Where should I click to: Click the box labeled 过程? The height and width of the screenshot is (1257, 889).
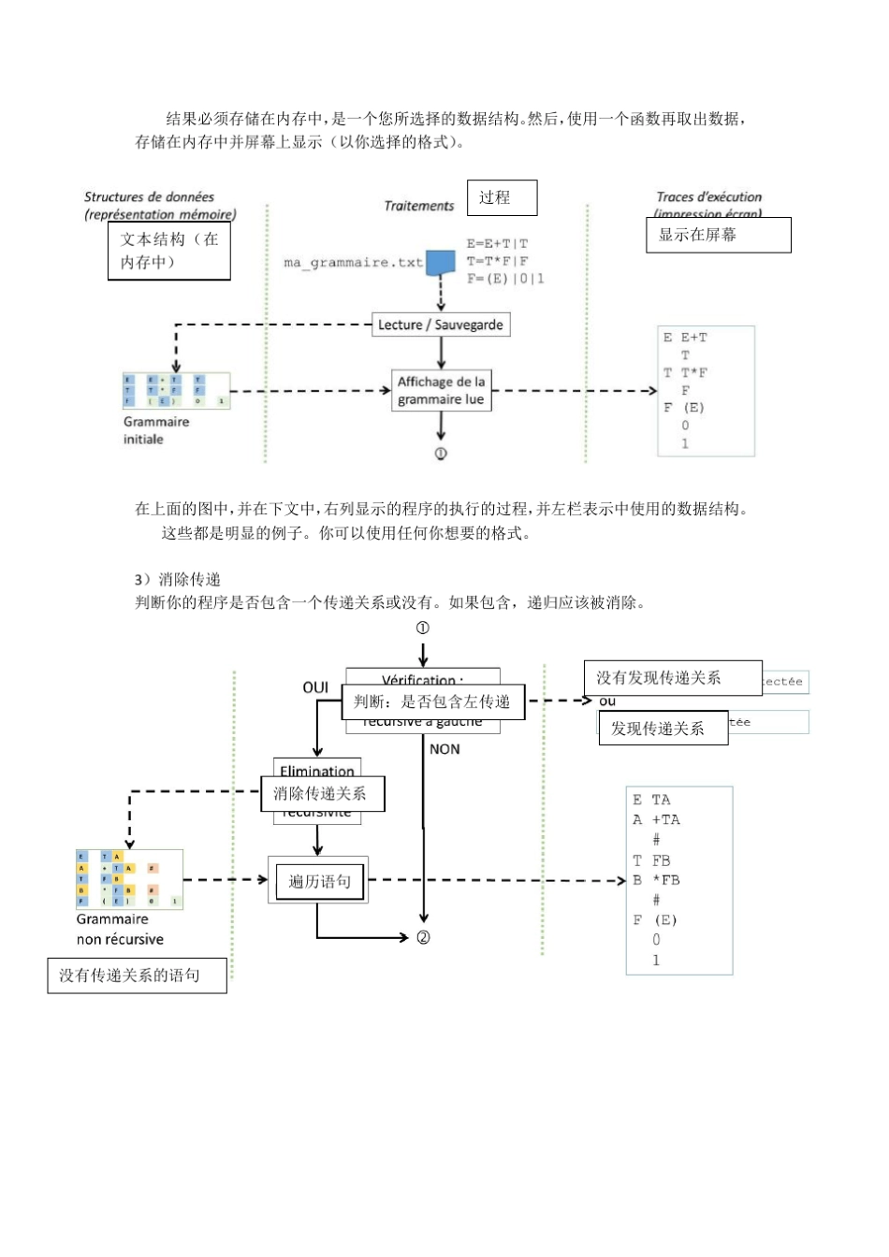tap(502, 197)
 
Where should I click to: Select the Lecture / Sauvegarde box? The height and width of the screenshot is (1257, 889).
tap(440, 325)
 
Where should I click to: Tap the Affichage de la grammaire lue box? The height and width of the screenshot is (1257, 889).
tap(441, 391)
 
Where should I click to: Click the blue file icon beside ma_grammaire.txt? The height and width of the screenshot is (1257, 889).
tap(440, 263)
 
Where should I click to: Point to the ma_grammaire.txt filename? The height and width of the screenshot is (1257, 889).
tap(353, 263)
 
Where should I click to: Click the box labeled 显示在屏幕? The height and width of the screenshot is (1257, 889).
tap(718, 235)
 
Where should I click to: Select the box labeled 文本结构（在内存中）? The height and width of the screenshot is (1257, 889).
tap(168, 251)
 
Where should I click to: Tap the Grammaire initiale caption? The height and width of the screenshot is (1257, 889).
tap(155, 430)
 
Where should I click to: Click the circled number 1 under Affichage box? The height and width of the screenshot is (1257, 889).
tap(441, 454)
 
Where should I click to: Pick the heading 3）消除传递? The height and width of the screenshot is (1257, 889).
tap(177, 580)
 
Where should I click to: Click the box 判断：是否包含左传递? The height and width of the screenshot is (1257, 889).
tap(431, 701)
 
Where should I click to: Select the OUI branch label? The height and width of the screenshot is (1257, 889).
tap(315, 687)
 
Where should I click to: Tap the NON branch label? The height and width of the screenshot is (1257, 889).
tap(444, 749)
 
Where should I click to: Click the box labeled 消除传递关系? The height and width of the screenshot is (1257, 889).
tap(321, 794)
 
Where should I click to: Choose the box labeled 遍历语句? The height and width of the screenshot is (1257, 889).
tap(319, 881)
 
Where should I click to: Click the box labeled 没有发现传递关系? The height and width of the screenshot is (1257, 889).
tap(672, 678)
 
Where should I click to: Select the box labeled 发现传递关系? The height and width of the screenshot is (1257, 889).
tap(663, 728)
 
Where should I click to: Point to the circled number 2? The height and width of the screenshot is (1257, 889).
tap(423, 937)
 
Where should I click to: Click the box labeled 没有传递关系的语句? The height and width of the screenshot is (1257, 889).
tap(137, 975)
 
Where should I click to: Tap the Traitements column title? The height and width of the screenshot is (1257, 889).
tap(418, 206)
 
